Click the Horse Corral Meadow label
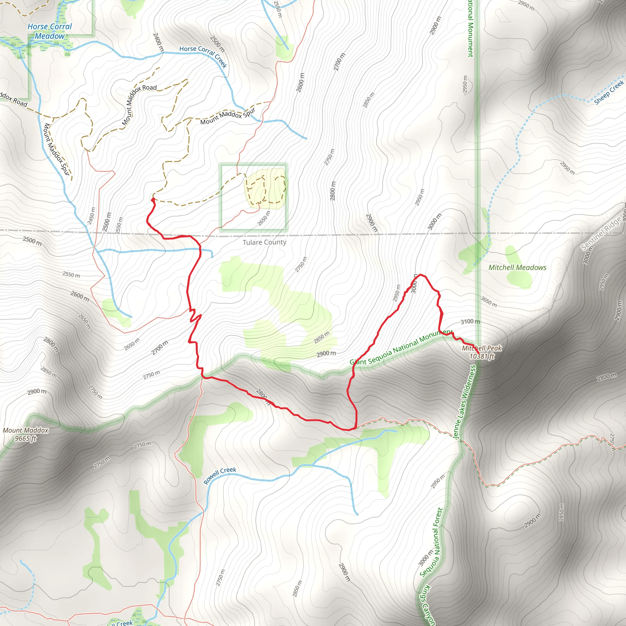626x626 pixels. point(50,31)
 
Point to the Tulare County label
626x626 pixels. point(264,242)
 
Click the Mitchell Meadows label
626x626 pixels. point(517,268)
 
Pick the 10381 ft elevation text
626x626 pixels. point(482,356)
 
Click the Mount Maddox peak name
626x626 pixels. point(26,430)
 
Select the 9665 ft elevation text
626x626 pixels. point(26,439)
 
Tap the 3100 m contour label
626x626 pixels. point(470,322)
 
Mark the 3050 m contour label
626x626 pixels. point(489,302)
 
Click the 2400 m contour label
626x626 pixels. point(158,42)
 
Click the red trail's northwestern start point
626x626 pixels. point(153,199)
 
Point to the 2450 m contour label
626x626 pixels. point(92,216)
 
